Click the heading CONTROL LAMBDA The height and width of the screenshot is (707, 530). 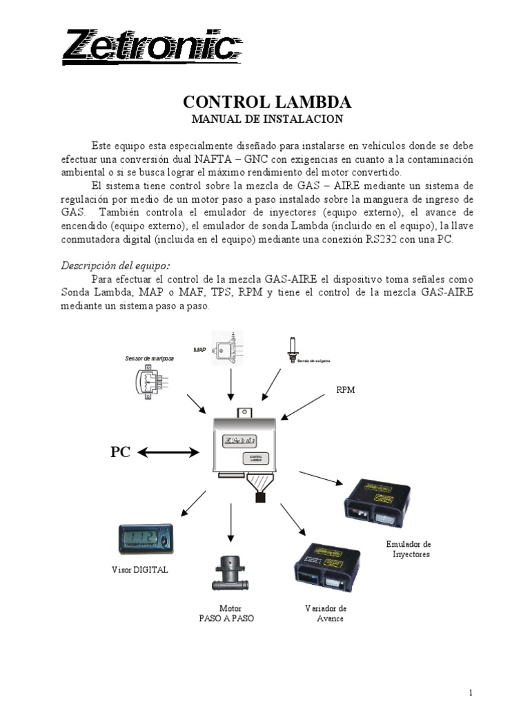[x=266, y=102]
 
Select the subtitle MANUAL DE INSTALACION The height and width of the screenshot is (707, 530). [x=266, y=119]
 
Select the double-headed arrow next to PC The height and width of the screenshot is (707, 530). [x=168, y=452]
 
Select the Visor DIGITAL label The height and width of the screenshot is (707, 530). [x=139, y=570]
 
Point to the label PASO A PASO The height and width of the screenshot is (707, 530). [x=226, y=619]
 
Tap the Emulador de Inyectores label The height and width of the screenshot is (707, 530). [x=409, y=549]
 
